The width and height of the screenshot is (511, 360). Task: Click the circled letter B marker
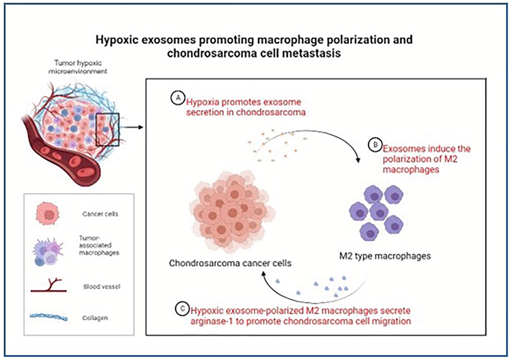[x=374, y=145]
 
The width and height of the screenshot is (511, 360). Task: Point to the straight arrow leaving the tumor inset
[x=131, y=127]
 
